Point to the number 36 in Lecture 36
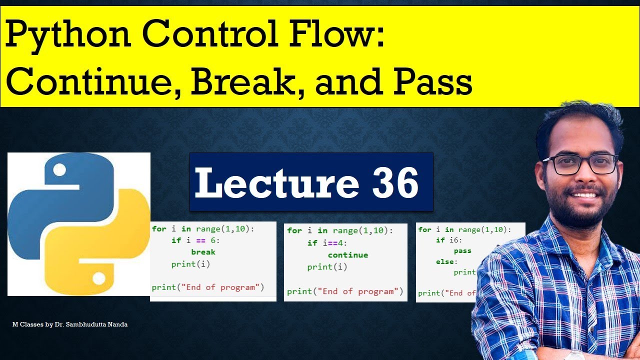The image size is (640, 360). coord(395,183)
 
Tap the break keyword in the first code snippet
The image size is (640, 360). coord(203,252)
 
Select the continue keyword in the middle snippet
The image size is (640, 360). coord(347,255)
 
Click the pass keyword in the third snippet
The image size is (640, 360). coord(462,251)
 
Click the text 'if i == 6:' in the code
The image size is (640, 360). coord(195,240)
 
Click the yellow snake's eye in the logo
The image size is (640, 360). coord(98,276)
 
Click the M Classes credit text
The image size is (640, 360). coord(70,324)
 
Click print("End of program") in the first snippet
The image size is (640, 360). coord(207,287)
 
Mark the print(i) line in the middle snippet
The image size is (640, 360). coord(327,267)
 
